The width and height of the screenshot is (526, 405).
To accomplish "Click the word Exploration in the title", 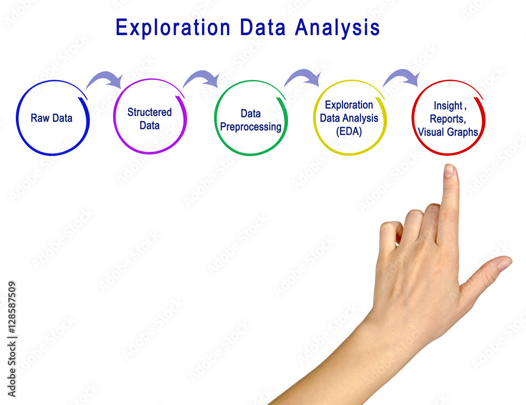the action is click(173, 28).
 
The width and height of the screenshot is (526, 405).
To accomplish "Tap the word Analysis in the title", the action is click(337, 28).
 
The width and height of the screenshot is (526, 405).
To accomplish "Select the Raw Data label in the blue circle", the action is click(52, 118).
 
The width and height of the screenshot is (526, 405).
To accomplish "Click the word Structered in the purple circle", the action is click(149, 112).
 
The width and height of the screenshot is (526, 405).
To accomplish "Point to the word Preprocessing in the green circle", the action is click(250, 127).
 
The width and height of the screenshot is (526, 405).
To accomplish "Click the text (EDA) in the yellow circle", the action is click(349, 131).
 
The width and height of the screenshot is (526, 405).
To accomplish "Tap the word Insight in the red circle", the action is click(448, 106).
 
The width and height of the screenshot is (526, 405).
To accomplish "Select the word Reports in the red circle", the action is click(448, 119).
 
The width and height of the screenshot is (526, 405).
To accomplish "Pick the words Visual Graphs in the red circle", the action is click(448, 132).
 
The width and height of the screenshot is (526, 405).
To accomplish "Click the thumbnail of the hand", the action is click(504, 264).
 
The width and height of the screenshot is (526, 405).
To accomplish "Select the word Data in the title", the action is click(262, 28).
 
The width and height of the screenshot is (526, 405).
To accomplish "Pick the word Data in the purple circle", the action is click(149, 126).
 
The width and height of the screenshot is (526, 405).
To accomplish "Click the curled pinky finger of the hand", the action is click(390, 235).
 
